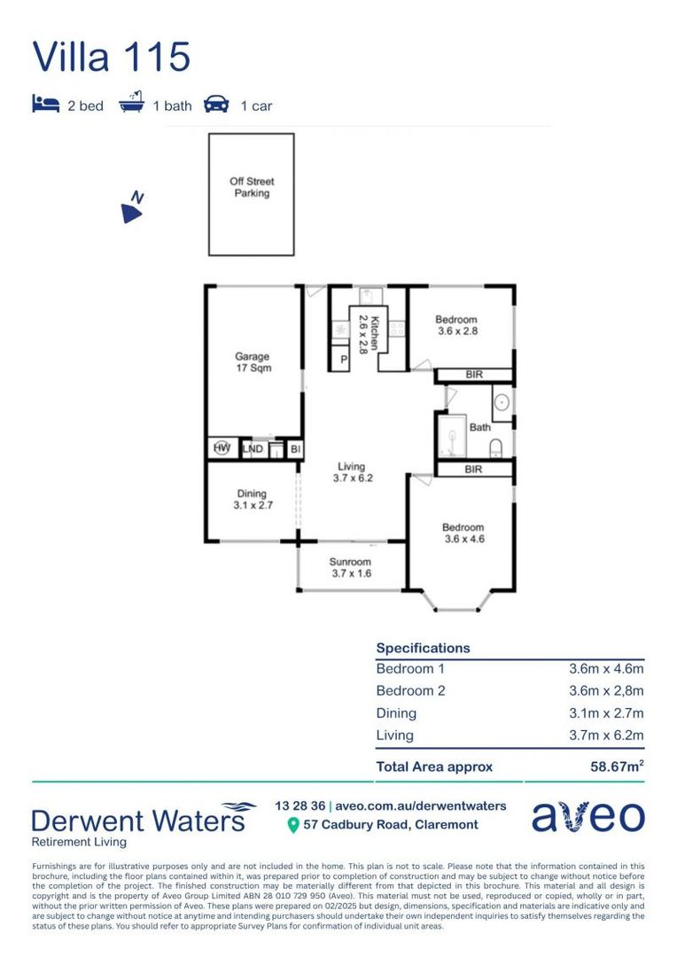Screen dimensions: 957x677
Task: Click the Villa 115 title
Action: tap(111, 56)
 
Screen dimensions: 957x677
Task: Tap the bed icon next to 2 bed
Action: tap(44, 105)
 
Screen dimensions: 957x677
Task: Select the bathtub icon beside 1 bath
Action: tap(131, 104)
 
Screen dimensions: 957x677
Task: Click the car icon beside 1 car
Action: tap(215, 105)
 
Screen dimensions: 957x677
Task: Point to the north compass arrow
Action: tap(133, 208)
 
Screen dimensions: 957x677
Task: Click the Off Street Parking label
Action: tap(252, 187)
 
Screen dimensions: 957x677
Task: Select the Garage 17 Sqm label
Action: tap(253, 362)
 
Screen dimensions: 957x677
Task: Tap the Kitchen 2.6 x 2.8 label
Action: tap(362, 335)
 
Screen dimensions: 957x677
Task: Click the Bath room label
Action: tap(479, 427)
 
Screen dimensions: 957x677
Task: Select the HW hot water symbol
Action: tap(221, 449)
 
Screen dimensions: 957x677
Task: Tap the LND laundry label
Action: tap(253, 450)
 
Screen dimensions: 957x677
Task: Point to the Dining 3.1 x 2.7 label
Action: tap(251, 501)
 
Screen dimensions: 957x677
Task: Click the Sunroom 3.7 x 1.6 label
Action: tap(350, 567)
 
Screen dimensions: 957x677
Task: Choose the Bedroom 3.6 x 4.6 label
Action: tap(463, 533)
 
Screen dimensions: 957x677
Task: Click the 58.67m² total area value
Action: tap(617, 766)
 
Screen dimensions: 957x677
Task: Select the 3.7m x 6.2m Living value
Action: tap(606, 735)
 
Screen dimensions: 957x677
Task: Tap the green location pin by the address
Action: tap(293, 826)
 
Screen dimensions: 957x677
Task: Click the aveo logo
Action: tap(588, 817)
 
